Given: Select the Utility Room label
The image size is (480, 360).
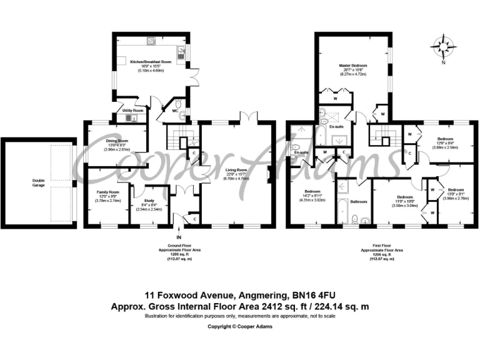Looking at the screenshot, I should (x=132, y=110).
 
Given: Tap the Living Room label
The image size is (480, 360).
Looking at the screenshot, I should (x=236, y=169).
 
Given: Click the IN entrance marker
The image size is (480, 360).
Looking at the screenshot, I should (x=179, y=238).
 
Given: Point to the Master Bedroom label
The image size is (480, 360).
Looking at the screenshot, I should (x=353, y=65).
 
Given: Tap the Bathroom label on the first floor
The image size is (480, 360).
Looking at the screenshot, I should (x=359, y=202).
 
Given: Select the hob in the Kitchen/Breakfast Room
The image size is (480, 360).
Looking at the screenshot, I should (x=151, y=42).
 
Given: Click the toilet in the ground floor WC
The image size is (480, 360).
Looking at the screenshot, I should (x=178, y=104).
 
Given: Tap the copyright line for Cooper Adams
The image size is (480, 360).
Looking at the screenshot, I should (x=240, y=326).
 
